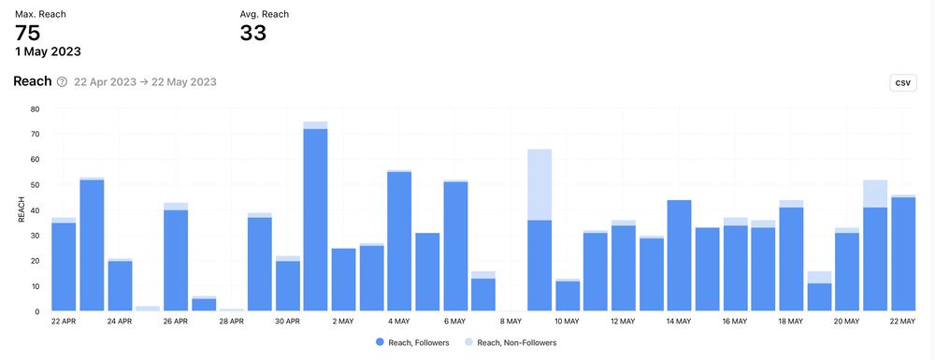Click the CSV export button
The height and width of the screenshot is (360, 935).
[x=902, y=83]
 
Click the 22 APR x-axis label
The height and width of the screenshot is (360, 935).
[x=64, y=321]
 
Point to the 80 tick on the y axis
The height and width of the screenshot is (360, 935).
[x=35, y=108]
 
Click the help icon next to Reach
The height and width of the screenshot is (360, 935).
[x=62, y=82]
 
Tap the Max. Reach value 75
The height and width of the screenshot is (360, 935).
[x=27, y=34]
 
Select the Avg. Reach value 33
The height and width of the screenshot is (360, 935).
[x=253, y=34]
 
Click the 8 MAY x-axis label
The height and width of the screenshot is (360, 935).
[x=511, y=321]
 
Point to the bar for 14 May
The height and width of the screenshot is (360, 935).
[x=680, y=255]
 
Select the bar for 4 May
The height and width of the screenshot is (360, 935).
[x=399, y=241]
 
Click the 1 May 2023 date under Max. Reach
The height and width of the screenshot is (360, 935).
[x=48, y=51]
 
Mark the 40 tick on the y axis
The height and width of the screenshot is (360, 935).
[x=35, y=210]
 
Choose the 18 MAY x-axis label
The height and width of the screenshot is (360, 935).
[x=791, y=321]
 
